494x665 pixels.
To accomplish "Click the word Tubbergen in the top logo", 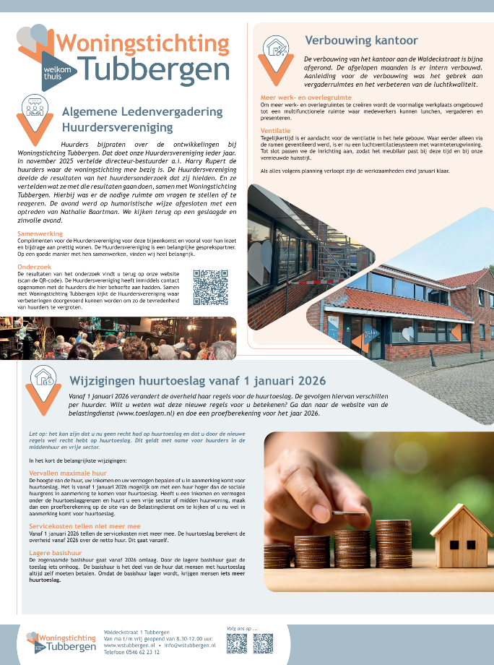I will point(155,69).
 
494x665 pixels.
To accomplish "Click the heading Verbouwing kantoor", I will point(361,40).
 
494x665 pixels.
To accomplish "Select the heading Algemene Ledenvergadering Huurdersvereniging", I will point(142,119).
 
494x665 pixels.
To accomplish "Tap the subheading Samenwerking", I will point(40,234).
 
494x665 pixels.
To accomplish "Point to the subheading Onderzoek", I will point(35,266).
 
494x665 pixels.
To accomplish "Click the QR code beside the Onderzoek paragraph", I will point(210,287).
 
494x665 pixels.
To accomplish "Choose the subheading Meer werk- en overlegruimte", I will point(300,98).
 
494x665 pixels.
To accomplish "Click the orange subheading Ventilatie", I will point(275,130).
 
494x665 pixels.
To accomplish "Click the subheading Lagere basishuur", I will point(52,553).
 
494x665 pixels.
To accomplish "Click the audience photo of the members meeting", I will point(118,339).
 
